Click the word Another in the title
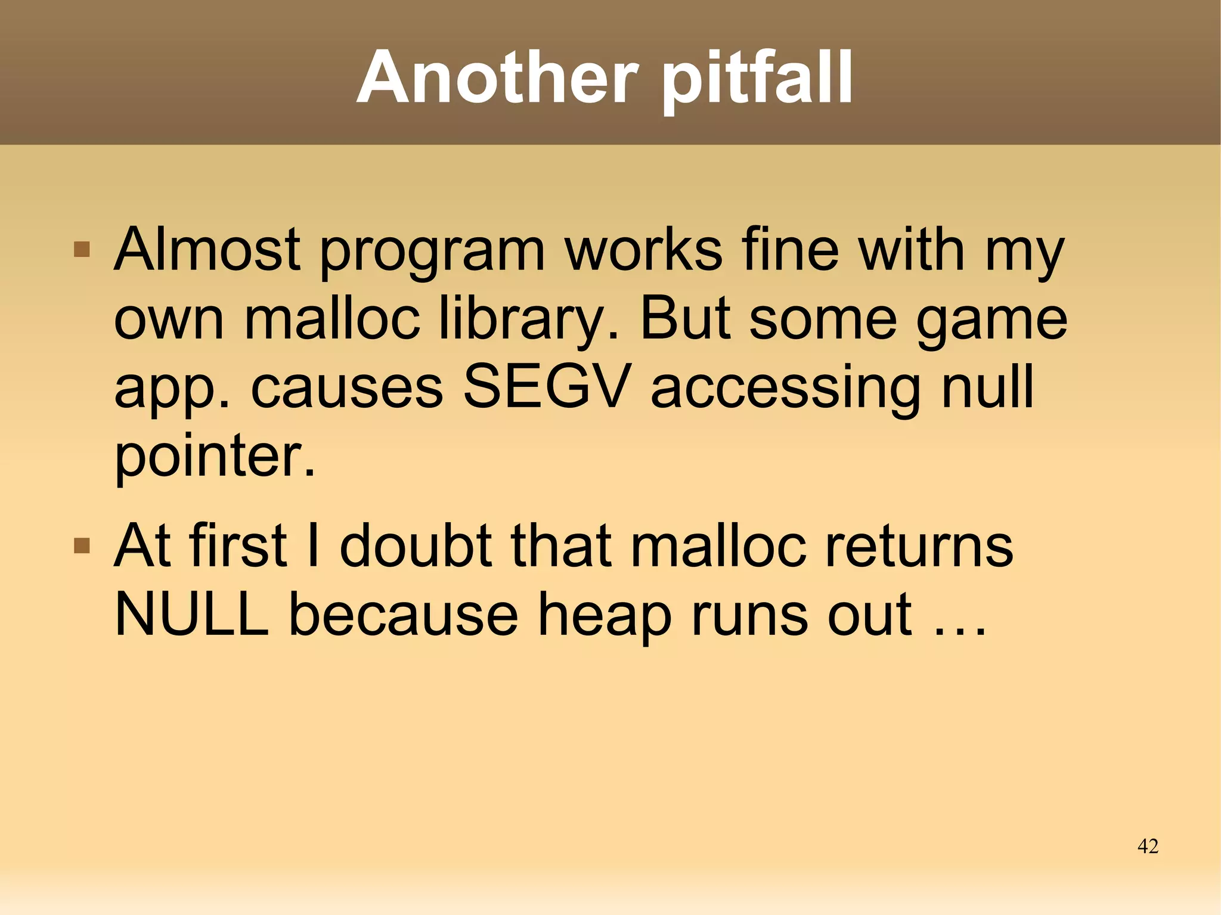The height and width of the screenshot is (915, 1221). (497, 77)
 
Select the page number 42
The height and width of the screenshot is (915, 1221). (1148, 846)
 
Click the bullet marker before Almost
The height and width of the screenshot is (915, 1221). (82, 249)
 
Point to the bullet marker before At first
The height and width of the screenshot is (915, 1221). (82, 545)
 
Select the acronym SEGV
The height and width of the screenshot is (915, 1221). (547, 387)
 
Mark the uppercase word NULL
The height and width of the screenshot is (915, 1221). (191, 614)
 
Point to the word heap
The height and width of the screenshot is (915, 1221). (605, 617)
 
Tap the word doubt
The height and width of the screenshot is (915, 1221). (416, 545)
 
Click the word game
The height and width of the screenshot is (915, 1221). (991, 322)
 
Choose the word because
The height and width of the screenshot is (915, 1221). (404, 614)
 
